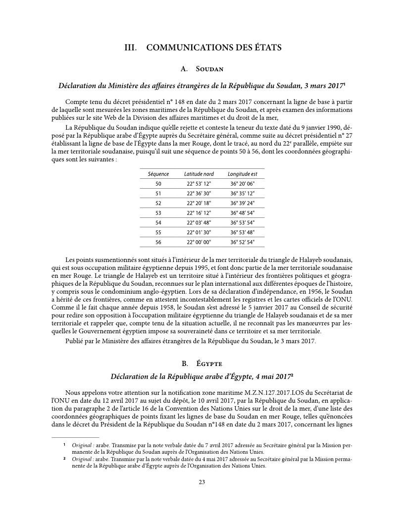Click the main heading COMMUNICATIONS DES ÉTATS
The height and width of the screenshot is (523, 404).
214,48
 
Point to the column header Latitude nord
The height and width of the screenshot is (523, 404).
199,174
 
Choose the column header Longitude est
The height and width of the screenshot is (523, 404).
242,174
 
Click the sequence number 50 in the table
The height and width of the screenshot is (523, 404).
158,184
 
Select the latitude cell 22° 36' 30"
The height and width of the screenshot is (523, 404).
199,194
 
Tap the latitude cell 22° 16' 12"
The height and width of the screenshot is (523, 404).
199,213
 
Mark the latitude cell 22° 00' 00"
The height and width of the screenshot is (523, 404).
199,242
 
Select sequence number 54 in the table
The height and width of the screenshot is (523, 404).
158,223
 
